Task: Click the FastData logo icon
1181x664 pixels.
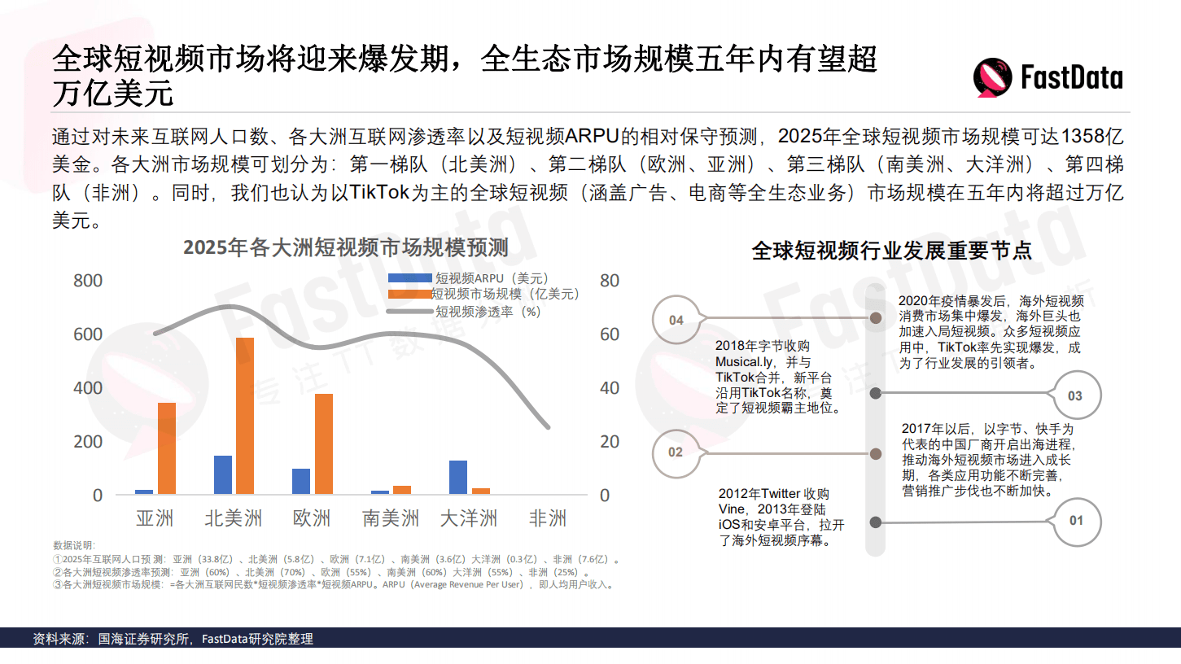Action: click(x=993, y=78)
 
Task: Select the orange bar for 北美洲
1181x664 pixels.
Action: click(x=244, y=416)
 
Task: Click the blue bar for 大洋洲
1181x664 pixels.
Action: click(x=458, y=478)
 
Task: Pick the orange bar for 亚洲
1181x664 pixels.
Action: click(x=166, y=448)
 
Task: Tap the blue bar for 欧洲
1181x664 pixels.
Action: click(x=301, y=482)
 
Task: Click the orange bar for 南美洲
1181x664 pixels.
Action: click(x=402, y=490)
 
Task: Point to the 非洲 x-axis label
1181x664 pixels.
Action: click(x=547, y=518)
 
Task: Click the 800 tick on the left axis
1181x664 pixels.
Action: click(x=88, y=281)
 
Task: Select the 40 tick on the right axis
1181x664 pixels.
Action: click(x=610, y=388)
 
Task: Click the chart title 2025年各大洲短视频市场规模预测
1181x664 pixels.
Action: click(x=345, y=247)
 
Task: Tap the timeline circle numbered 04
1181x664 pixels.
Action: click(x=676, y=320)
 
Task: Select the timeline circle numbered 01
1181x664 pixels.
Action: click(x=1076, y=520)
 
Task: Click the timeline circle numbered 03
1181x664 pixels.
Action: click(x=1075, y=395)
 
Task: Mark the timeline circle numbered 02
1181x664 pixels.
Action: click(x=676, y=452)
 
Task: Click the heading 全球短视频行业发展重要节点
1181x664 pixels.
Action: click(x=891, y=250)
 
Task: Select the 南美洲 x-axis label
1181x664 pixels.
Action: click(x=390, y=518)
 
